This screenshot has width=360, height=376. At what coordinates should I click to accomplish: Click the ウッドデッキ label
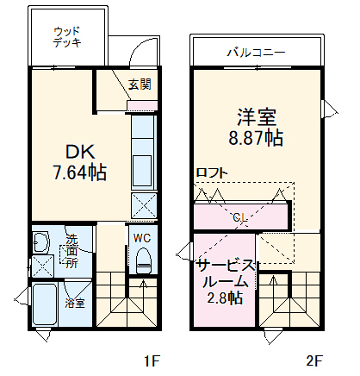(66, 36)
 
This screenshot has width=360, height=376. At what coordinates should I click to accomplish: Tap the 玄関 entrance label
(141, 85)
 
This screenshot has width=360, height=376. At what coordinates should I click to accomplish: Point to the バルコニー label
(256, 53)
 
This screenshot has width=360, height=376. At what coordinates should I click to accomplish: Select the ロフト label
(212, 172)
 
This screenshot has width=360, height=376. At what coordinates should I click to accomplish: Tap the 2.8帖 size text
(224, 298)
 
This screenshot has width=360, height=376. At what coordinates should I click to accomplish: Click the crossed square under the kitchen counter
(143, 205)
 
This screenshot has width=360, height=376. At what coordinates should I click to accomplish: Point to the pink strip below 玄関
(140, 106)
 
